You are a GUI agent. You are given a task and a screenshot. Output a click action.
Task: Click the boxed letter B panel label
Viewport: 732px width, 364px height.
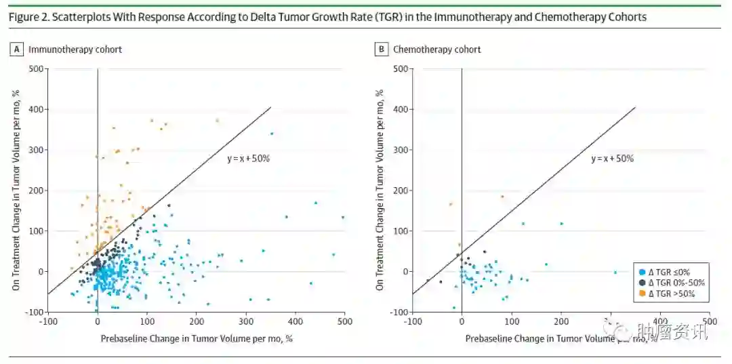coord(382,49)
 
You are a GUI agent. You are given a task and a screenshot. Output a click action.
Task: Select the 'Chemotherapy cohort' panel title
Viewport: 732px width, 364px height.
coord(437,49)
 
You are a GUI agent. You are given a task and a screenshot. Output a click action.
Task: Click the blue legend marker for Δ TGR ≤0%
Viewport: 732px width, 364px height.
coord(642,272)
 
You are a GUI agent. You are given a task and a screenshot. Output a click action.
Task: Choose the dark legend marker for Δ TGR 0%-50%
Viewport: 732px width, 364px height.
coord(642,283)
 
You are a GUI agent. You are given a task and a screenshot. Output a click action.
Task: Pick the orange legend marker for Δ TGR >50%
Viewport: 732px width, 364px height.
coord(642,294)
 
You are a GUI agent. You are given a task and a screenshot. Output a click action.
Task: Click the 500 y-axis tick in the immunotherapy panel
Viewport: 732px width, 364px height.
coord(35,69)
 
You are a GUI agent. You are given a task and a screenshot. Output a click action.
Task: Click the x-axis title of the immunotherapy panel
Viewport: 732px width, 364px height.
coord(197,338)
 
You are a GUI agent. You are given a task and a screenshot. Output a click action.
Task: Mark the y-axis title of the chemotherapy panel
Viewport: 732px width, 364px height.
coord(380,190)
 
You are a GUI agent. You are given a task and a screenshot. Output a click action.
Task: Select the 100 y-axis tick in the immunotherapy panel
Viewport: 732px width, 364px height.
coord(35,231)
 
